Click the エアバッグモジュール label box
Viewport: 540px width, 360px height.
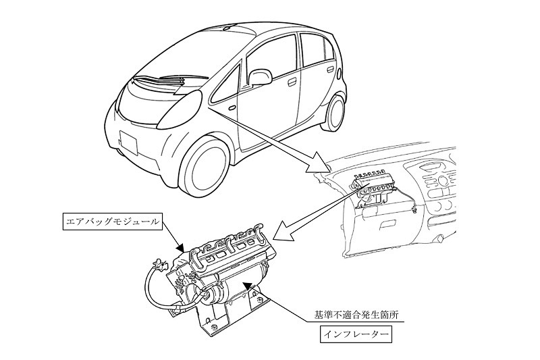(x=113, y=222)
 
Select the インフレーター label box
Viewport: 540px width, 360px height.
(x=356, y=334)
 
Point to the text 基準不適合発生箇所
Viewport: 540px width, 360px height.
(x=356, y=315)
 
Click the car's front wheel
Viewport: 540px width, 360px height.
(x=204, y=166)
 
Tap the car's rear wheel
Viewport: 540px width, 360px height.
(x=333, y=113)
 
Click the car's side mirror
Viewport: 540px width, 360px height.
(x=260, y=78)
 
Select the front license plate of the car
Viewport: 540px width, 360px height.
(x=128, y=142)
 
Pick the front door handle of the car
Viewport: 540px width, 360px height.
(x=292, y=82)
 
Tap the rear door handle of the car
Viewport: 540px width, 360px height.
(x=331, y=70)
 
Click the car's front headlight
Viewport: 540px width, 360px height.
(x=180, y=109)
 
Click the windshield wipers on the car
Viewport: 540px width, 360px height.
(x=171, y=80)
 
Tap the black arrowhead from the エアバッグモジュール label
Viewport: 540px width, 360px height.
(x=180, y=247)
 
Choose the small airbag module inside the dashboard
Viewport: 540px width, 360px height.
(x=370, y=189)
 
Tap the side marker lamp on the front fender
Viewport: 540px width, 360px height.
(x=232, y=108)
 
